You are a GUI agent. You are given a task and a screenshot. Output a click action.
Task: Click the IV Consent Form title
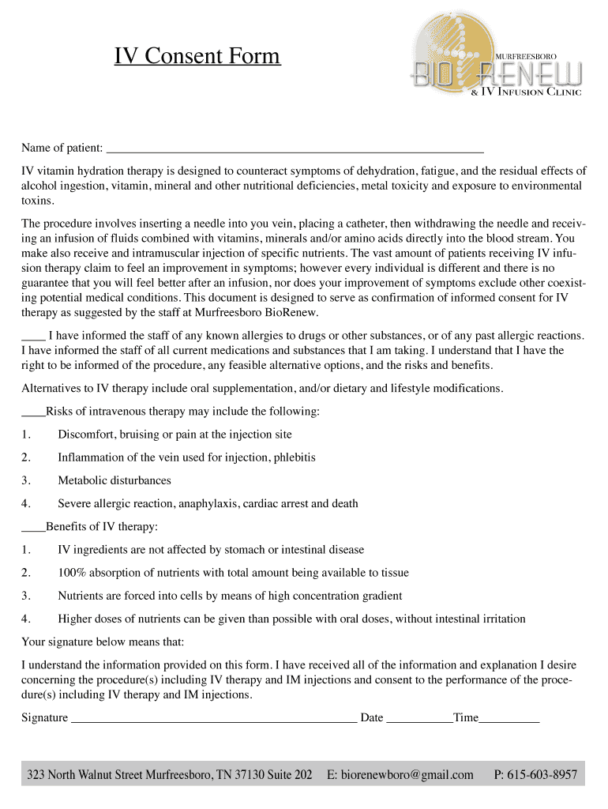click(x=197, y=57)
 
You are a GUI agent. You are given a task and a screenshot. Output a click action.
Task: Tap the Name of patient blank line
click(x=294, y=148)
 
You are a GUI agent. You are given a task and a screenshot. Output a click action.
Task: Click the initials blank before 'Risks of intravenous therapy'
click(x=33, y=412)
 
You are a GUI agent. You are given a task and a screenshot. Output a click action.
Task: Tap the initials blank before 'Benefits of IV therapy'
click(x=33, y=527)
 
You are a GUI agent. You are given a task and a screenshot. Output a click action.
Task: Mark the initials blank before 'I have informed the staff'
click(x=33, y=336)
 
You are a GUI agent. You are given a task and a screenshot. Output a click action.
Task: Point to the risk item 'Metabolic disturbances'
click(x=114, y=480)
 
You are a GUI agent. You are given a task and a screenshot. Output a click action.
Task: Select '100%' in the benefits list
click(x=73, y=573)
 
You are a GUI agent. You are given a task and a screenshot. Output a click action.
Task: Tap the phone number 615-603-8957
click(x=545, y=774)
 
